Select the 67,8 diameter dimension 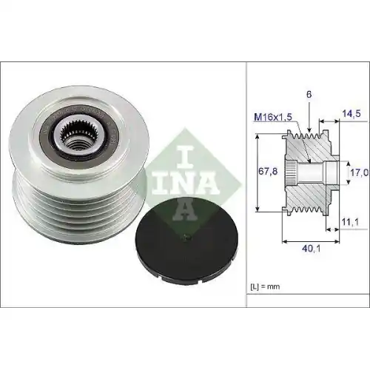pyautogui.click(x=267, y=171)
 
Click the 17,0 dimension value pyautogui.click(x=358, y=172)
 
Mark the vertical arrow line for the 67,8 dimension pyautogui.click(x=257, y=172)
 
